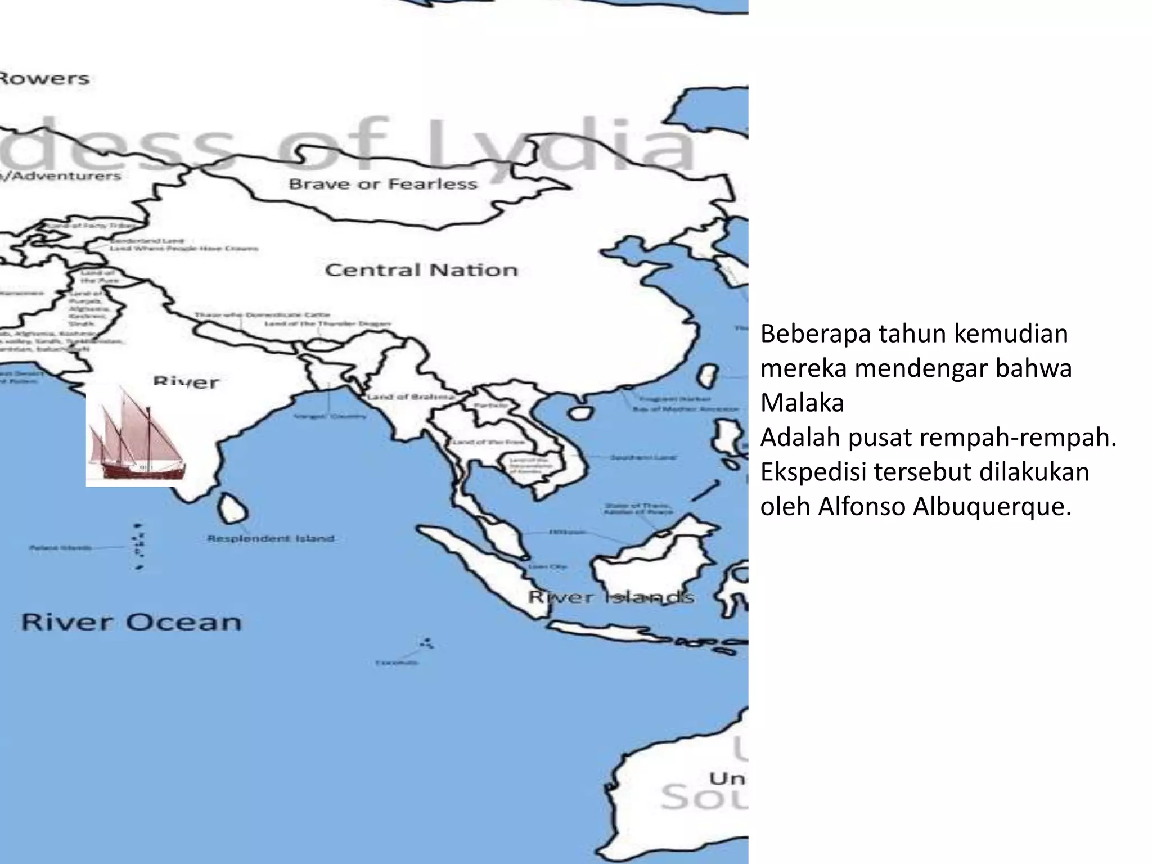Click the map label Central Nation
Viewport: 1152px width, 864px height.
pyautogui.click(x=421, y=270)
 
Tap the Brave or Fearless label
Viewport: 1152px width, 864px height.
pyautogui.click(x=382, y=184)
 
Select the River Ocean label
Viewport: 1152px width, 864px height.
pyautogui.click(x=131, y=622)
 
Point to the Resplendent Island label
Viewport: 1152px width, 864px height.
pyautogui.click(x=271, y=538)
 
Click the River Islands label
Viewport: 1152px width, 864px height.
pyautogui.click(x=610, y=597)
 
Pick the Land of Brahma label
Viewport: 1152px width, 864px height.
pyautogui.click(x=411, y=397)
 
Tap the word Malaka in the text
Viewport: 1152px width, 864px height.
pyautogui.click(x=802, y=403)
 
